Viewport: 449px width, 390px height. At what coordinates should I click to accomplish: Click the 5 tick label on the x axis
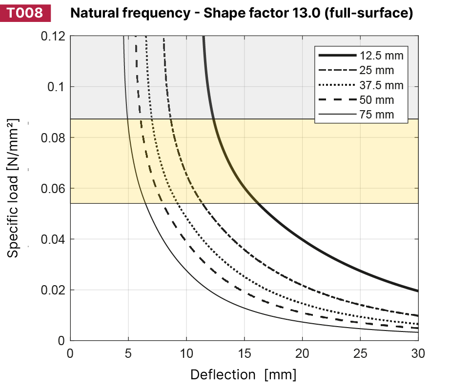[x=128, y=352]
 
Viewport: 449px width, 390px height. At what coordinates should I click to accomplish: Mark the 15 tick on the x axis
[x=244, y=352]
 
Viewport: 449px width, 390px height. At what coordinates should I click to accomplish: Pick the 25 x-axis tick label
[x=360, y=352]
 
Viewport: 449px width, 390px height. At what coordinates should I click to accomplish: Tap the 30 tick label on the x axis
[x=418, y=352]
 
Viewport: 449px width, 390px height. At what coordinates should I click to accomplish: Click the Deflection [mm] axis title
[x=243, y=375]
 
